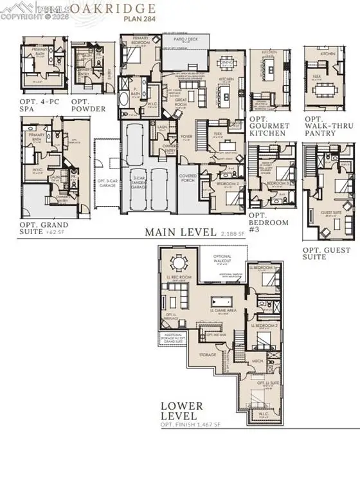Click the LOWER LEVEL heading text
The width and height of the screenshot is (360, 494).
[183, 411]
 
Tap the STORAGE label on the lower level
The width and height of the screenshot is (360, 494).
[208, 354]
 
